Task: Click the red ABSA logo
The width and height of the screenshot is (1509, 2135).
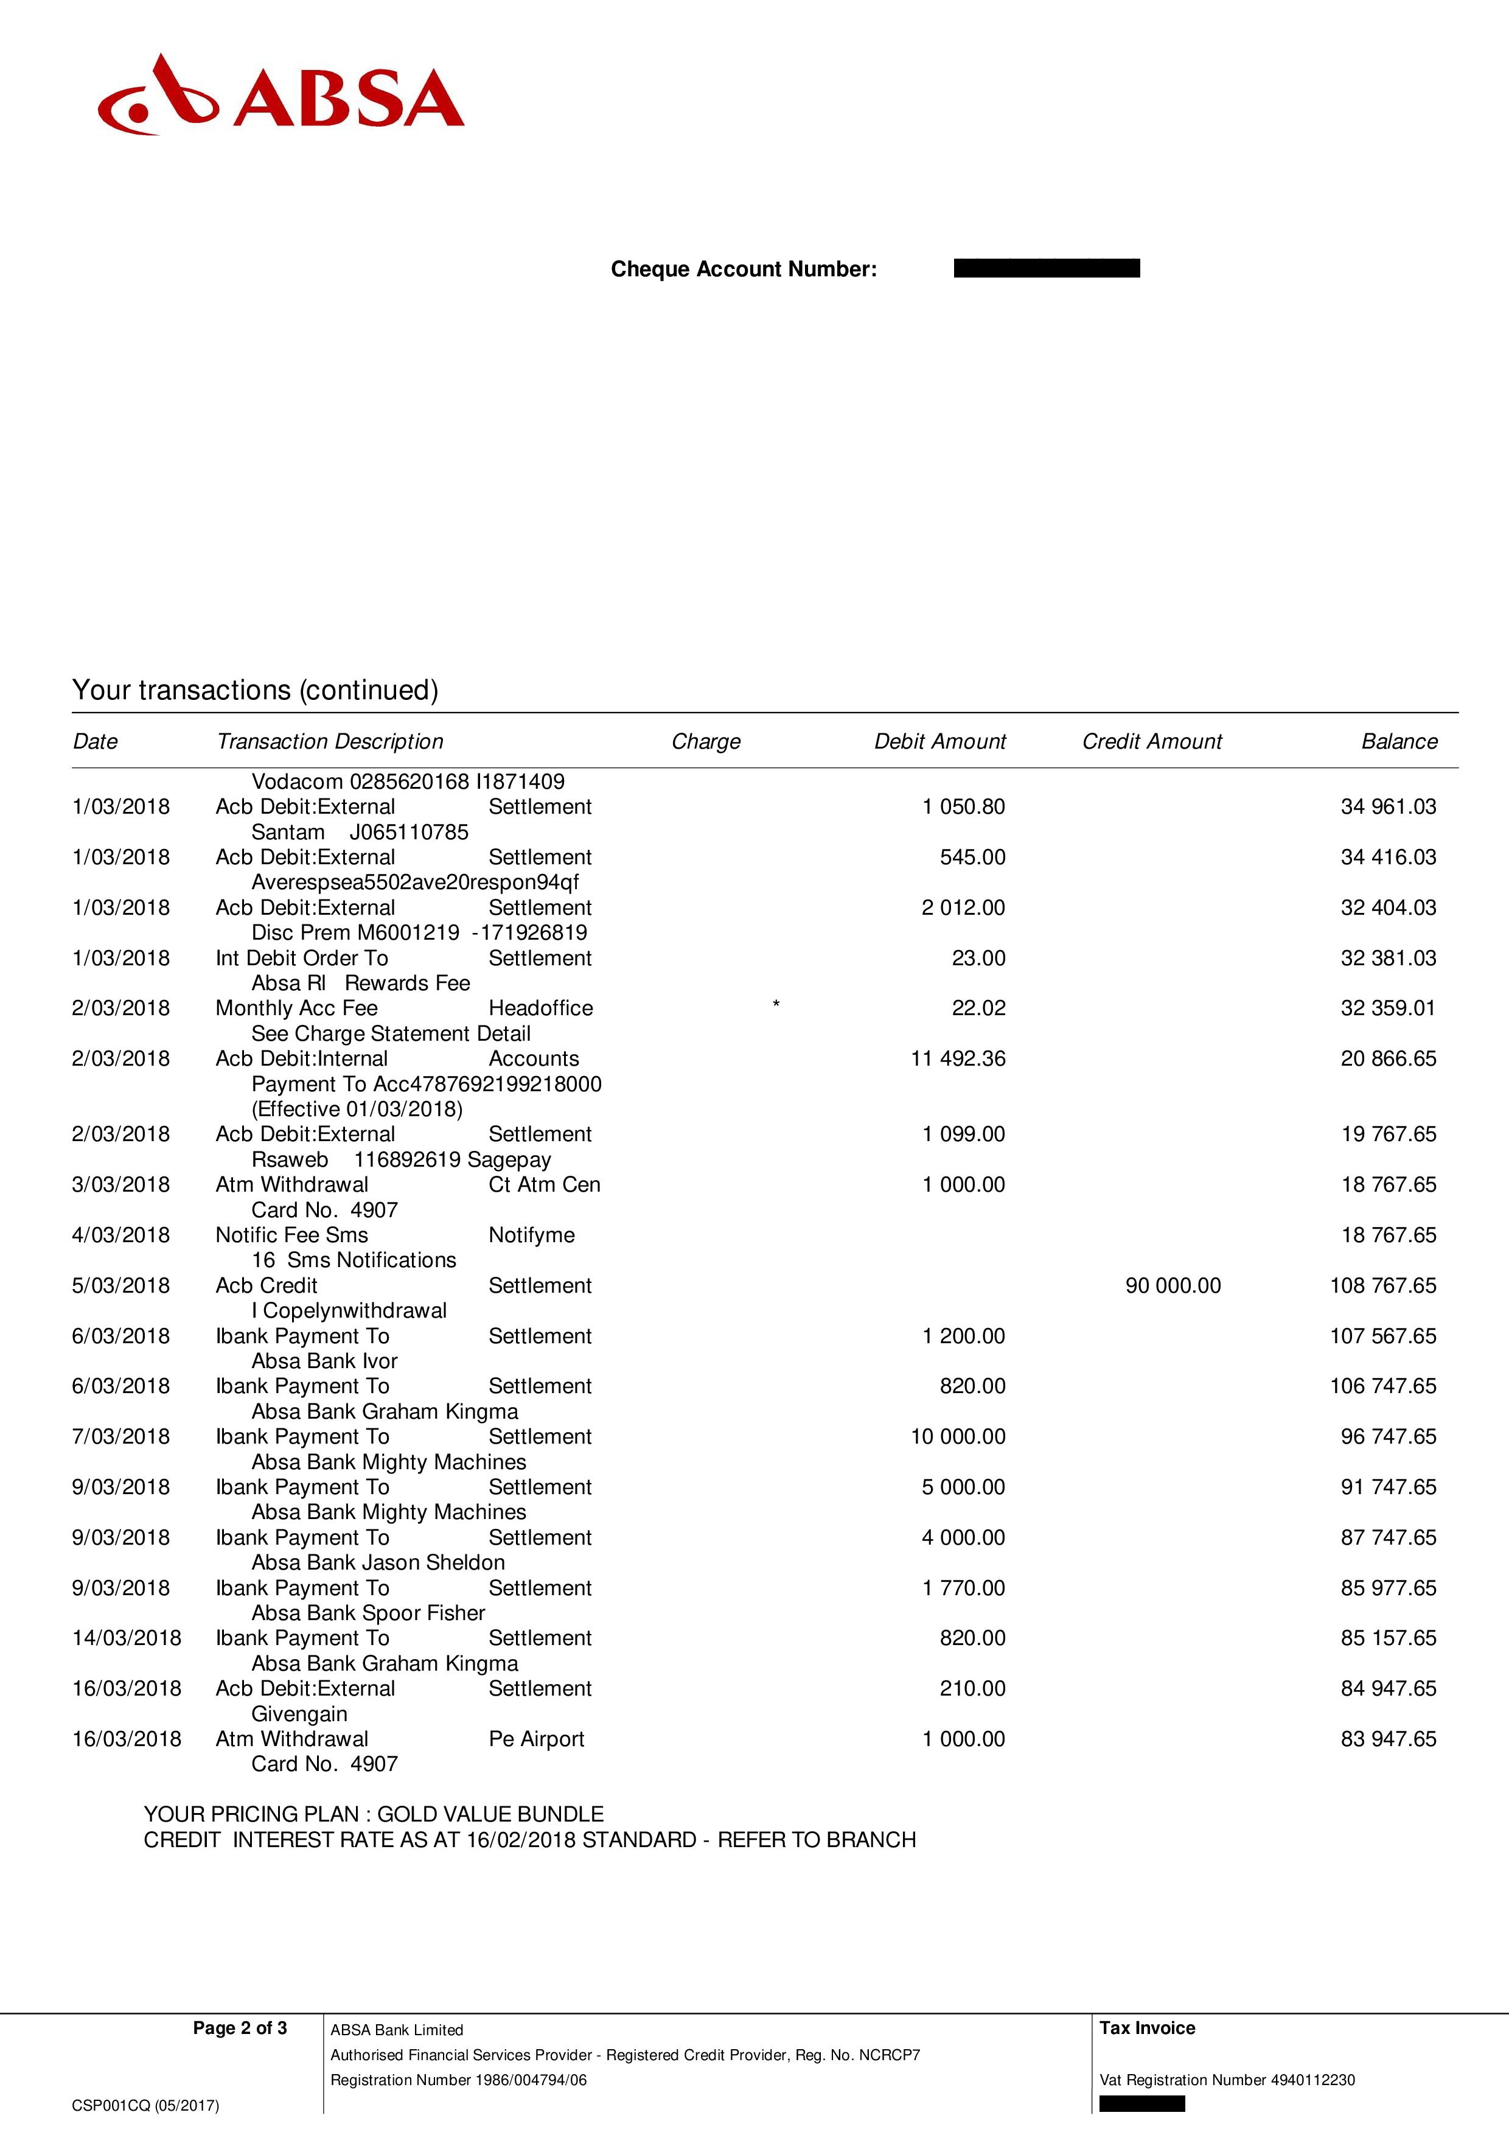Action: click(x=280, y=96)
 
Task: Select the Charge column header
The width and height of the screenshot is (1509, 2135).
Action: click(x=706, y=741)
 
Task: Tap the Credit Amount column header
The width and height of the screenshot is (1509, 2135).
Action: click(x=1151, y=741)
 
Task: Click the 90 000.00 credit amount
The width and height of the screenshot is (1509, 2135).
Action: click(x=1173, y=1285)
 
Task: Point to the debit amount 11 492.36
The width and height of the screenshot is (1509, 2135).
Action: click(x=958, y=1058)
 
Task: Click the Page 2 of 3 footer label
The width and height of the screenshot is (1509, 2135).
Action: click(x=240, y=2028)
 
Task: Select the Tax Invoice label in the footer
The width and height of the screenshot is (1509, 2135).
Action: click(x=1148, y=2028)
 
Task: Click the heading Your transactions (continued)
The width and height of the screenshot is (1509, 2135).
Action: click(x=255, y=690)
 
